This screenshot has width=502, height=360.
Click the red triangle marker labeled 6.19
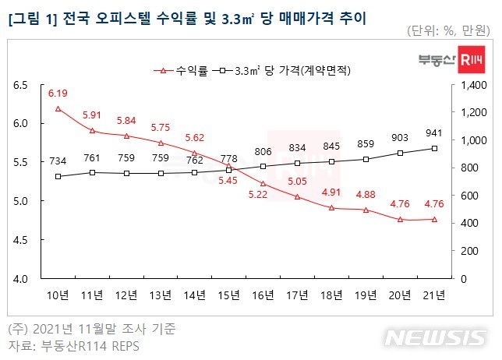pos(58,109)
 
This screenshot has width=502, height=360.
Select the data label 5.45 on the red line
pos(228,181)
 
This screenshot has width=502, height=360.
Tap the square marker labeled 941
pos(434,148)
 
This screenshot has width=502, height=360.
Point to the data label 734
pos(58,161)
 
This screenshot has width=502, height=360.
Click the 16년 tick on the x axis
pos(263,295)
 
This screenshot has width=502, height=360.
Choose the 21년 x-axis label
pos(434,295)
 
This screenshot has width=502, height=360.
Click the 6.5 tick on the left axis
pos(20,85)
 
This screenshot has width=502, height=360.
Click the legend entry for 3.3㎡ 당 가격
pos(292,70)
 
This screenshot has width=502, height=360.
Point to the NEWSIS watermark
pos(435,338)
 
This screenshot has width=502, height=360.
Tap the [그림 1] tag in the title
pos(30,16)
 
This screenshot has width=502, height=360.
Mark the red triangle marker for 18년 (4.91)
pos(331,208)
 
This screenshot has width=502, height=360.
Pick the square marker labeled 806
pos(263,166)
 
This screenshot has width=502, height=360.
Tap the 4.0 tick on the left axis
pos(20,278)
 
